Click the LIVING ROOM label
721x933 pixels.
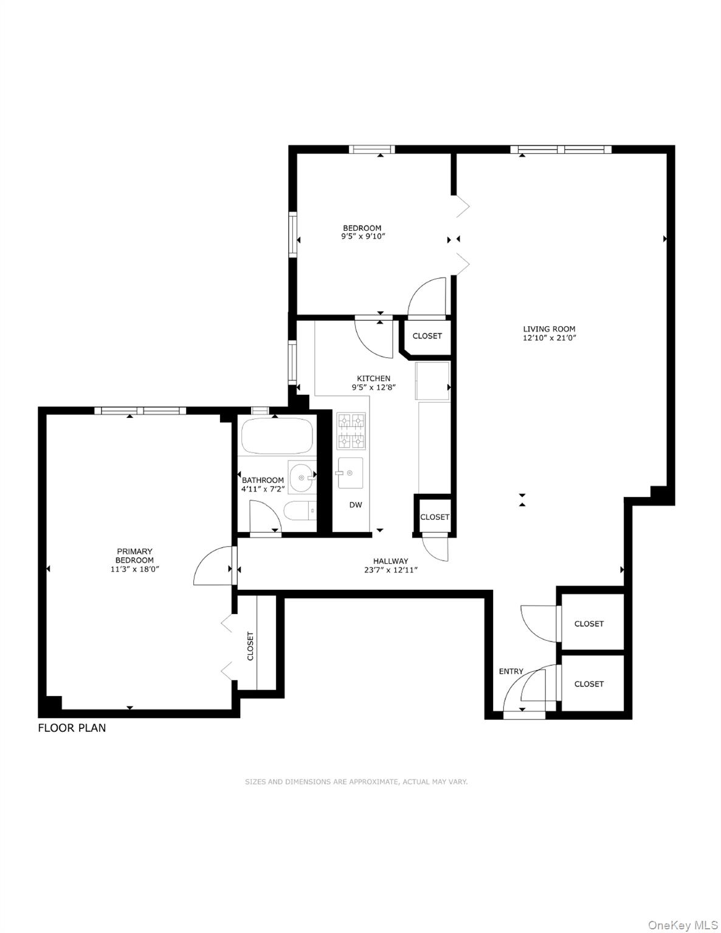(x=549, y=329)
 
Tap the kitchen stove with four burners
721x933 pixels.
(x=351, y=430)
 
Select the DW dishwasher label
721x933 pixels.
(x=356, y=505)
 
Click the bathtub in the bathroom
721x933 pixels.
(x=277, y=436)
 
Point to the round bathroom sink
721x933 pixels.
(x=300, y=477)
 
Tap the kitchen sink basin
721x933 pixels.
(x=350, y=473)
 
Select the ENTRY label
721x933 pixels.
(x=511, y=671)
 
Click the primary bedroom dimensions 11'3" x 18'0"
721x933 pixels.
(x=135, y=569)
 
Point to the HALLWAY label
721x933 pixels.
(x=390, y=561)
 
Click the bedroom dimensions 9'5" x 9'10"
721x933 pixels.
(x=363, y=237)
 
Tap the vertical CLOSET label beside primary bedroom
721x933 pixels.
(x=250, y=646)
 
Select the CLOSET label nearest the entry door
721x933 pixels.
(x=588, y=684)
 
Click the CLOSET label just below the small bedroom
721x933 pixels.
(x=427, y=336)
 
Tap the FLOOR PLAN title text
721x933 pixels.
(x=72, y=728)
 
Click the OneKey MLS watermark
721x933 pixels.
(x=682, y=924)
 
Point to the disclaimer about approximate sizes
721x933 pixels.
(x=356, y=782)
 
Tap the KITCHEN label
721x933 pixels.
(x=373, y=378)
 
